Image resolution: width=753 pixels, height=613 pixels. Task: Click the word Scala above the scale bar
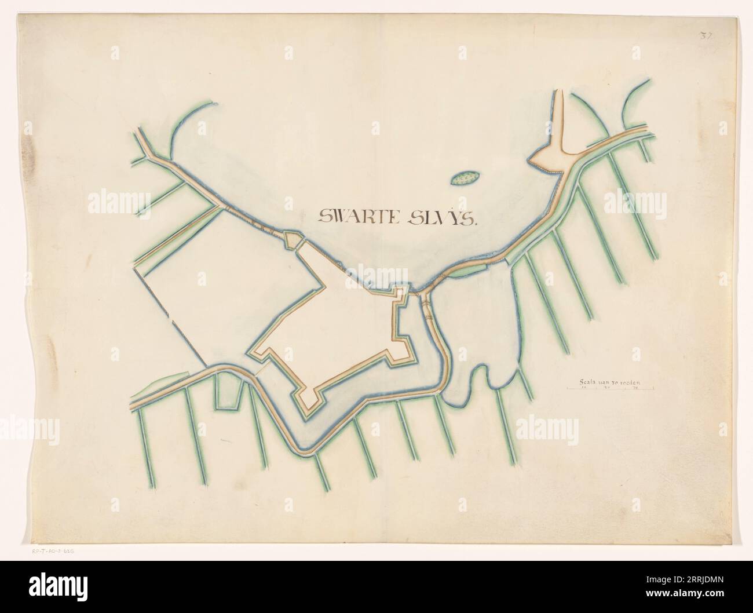click(588, 381)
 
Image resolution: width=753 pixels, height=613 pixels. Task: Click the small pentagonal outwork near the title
click(293, 239)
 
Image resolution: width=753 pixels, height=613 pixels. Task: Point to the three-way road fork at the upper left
click(152, 155)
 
